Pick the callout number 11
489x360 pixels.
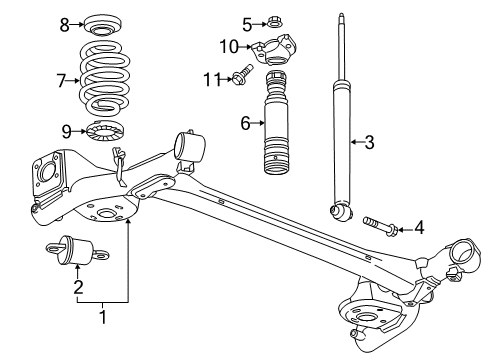tap(210, 78)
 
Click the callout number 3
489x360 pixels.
tap(369, 143)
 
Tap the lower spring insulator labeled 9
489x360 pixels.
tap(103, 130)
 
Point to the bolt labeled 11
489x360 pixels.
tap(240, 77)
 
